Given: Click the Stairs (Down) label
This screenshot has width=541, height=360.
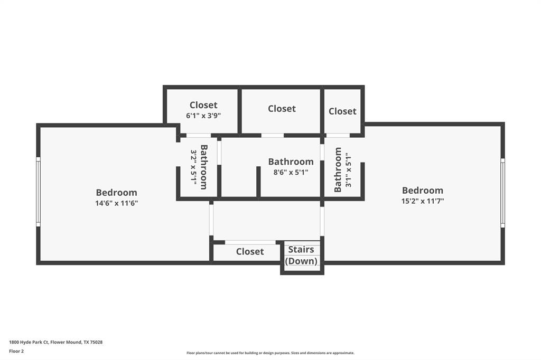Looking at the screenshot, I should pos(301,255).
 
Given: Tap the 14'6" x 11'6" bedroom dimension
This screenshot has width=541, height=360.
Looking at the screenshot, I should pos(116,203).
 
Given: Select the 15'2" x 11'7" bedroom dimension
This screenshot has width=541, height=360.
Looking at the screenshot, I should pos(422,201).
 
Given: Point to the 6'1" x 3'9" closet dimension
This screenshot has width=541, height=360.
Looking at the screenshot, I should pos(203,115).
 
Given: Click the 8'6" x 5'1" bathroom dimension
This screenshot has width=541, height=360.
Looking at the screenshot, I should pos(290,172).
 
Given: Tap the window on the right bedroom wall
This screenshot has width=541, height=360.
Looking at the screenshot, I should pos(502,193).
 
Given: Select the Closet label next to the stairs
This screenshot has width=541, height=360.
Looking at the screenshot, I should pos(250,252).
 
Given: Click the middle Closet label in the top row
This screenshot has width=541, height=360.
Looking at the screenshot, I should pos(282,109).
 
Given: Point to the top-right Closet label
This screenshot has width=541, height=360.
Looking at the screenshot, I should pos(342,111).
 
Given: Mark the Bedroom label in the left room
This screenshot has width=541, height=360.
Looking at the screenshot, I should pos(116,193).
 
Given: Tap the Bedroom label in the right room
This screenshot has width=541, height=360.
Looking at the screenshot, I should pos(422,191).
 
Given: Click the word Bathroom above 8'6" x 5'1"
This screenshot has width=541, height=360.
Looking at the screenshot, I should pos(291,162).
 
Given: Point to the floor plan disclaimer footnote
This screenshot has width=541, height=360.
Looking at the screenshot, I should pos(270,353).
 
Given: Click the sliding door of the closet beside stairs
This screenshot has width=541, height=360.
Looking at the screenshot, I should pos(250,242).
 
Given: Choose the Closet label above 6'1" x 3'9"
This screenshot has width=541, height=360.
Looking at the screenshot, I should pos(203,105).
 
